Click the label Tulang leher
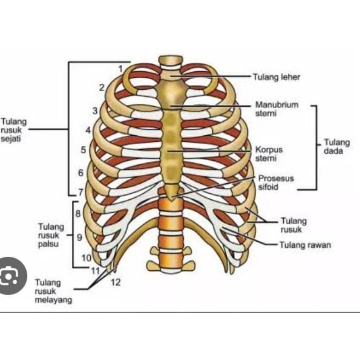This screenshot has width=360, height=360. click(277, 77)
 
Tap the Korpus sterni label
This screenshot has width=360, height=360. click(269, 154)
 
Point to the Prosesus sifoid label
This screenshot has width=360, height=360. click(276, 182)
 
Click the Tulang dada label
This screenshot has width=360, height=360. click(336, 147)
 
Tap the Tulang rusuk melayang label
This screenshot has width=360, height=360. click(53, 291)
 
